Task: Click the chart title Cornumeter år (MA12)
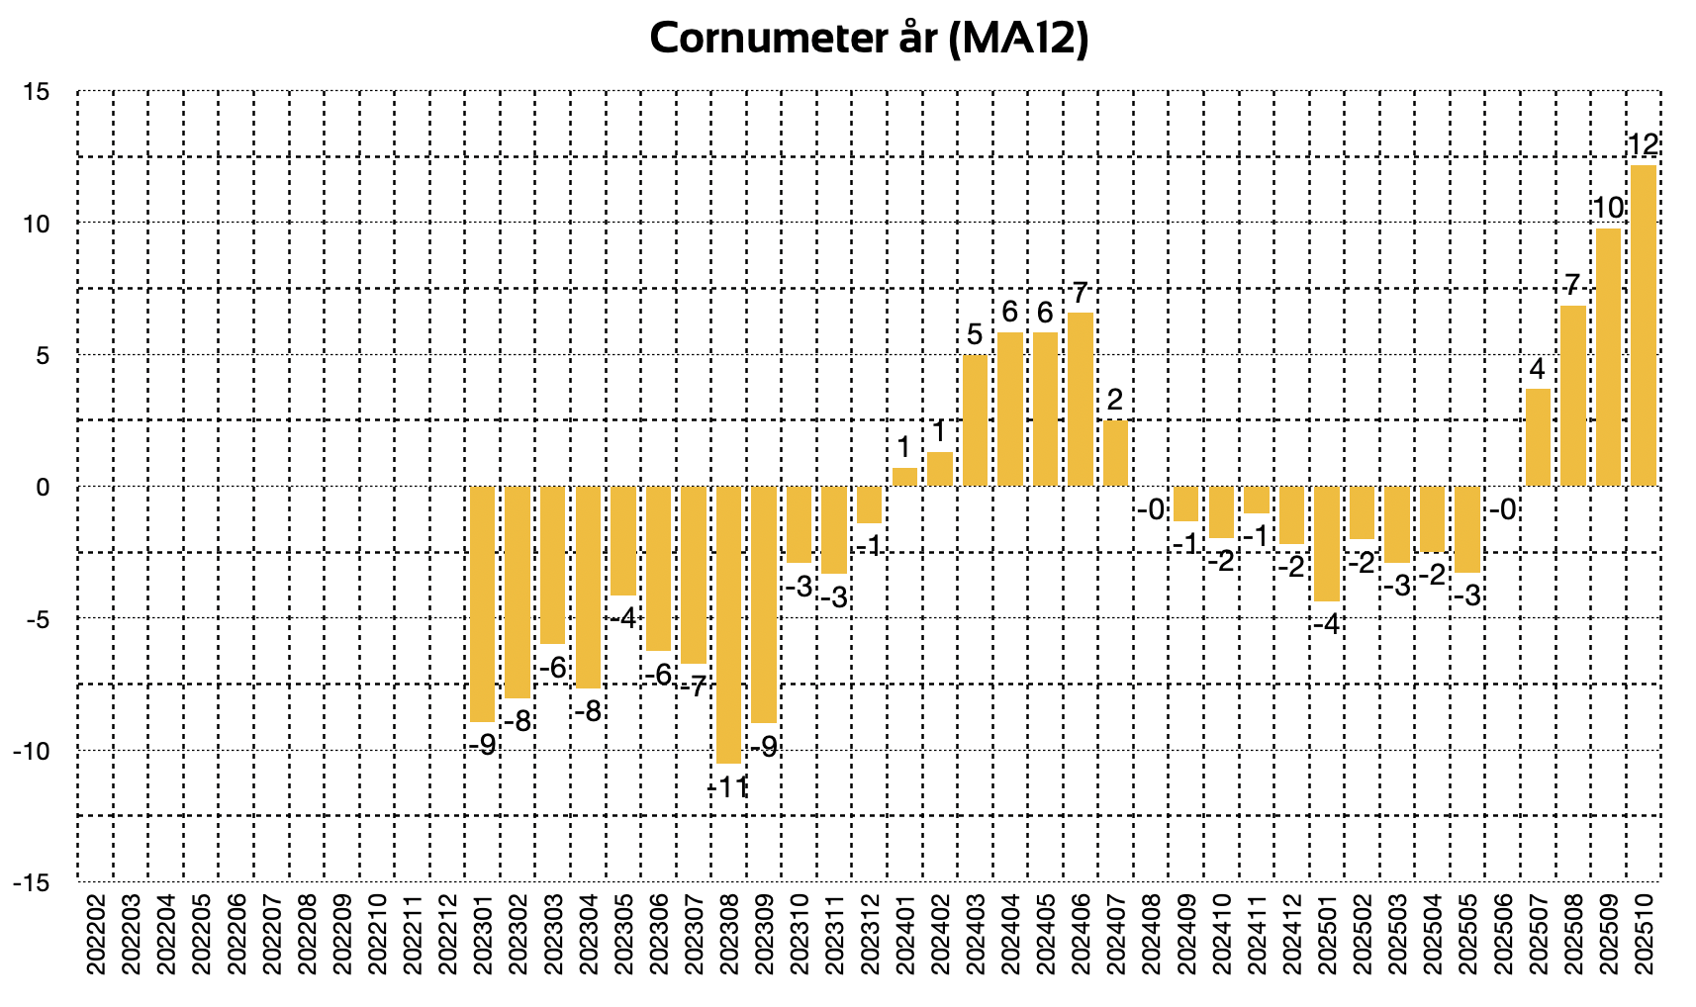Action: tap(870, 40)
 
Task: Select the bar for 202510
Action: tap(1643, 326)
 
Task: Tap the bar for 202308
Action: tap(729, 623)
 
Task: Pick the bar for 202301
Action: tap(482, 603)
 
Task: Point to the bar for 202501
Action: tap(1327, 543)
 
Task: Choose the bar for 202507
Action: tap(1538, 437)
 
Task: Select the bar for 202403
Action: tap(975, 420)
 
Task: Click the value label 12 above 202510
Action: tap(1643, 145)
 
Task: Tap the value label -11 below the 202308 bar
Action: tap(729, 787)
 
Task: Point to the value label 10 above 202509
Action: tap(1608, 208)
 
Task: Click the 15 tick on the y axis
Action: tap(37, 92)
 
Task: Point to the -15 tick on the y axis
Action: tap(32, 882)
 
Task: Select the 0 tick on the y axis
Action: tap(43, 487)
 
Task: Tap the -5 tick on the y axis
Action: tap(37, 619)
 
